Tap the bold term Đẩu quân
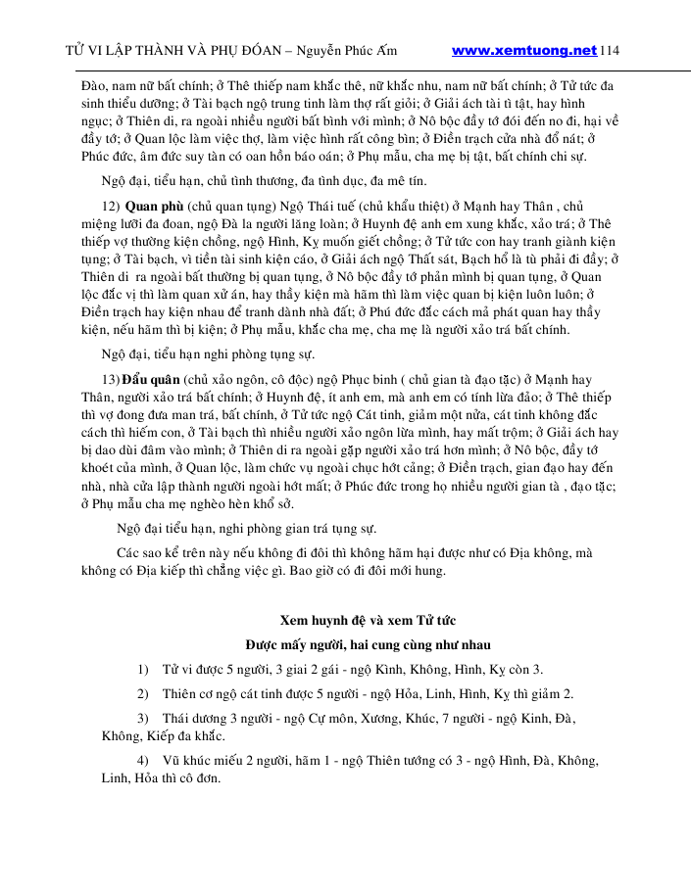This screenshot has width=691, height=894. pos(149,379)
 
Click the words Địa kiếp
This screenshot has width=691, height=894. pos(174,570)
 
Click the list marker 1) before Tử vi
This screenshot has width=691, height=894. pos(143,670)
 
